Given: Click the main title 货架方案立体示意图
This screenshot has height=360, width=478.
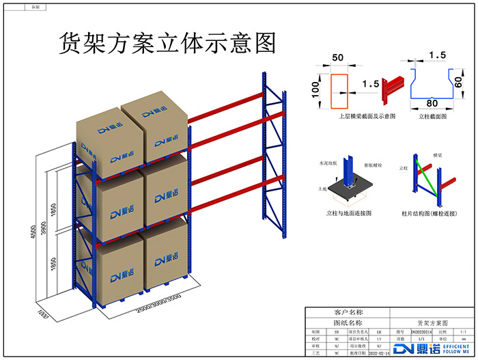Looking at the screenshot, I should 168,42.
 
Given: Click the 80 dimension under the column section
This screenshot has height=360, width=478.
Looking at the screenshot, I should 432,103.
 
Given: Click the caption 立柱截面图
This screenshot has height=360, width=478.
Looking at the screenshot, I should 432,117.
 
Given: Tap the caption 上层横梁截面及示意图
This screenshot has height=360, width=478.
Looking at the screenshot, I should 367,117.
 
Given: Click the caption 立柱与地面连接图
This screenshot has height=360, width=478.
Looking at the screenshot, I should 349,213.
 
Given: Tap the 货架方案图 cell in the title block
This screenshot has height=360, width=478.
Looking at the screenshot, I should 432,322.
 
